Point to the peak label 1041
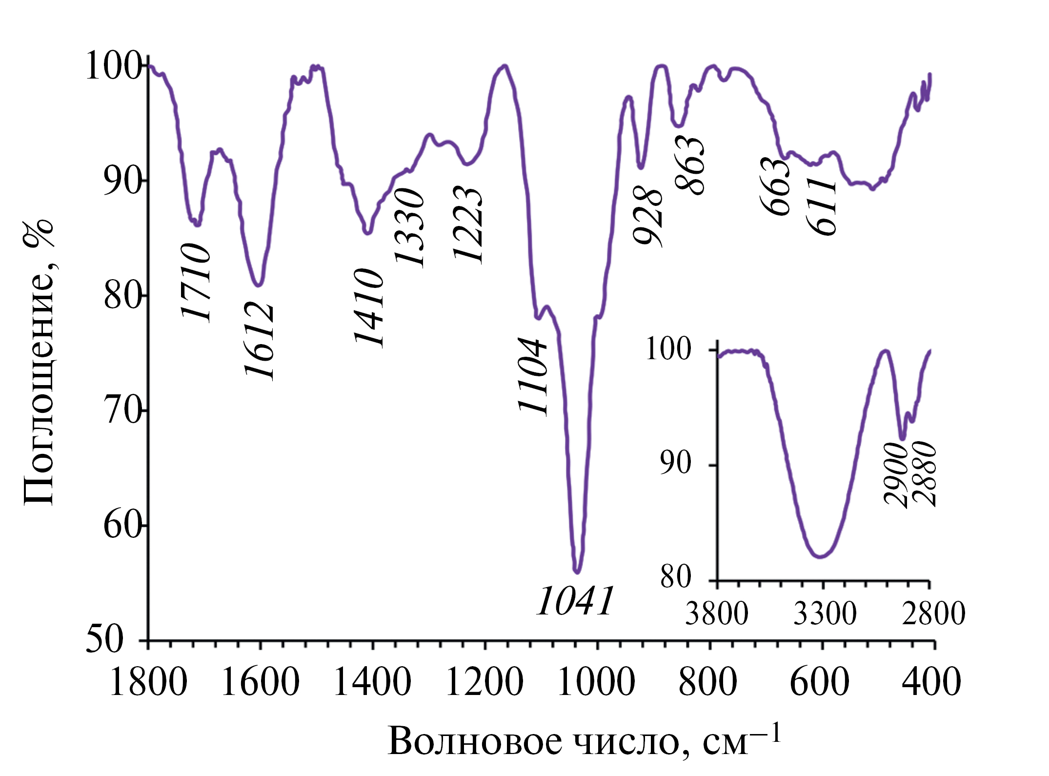click(574, 602)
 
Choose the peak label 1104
click(533, 376)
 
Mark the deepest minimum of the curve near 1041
click(577, 571)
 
